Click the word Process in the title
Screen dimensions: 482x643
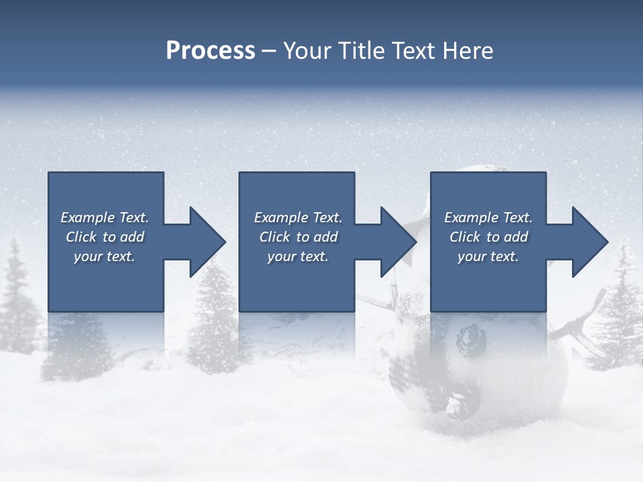210,50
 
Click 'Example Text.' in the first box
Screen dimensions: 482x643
104,218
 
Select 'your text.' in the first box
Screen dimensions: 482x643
104,256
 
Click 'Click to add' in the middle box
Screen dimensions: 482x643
298,237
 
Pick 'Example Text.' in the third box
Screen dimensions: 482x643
488,218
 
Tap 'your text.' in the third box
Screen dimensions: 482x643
488,256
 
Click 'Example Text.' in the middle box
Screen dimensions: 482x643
298,218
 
